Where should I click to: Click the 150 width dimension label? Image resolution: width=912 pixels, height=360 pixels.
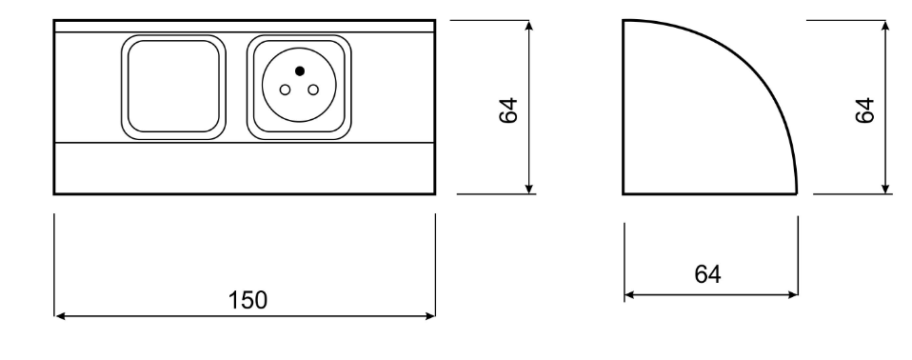pos(248,300)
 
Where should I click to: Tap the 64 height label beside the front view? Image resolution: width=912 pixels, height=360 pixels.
pos(508,110)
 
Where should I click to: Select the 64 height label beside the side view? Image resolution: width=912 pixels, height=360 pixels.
pos(865,110)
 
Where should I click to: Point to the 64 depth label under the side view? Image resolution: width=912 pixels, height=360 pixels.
pos(708,274)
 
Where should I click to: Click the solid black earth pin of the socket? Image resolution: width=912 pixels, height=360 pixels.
pos(300,71)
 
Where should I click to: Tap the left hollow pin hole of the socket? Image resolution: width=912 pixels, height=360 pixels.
pos(285,90)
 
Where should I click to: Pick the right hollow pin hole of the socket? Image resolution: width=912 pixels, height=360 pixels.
pos(313,90)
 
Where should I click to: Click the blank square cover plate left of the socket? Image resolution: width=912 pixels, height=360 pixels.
pos(173,87)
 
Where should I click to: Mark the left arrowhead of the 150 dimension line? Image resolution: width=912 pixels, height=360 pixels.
pos(59,316)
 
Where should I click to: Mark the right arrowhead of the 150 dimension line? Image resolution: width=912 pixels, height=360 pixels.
pos(430,316)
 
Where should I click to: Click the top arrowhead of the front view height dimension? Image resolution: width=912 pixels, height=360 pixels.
pos(528,26)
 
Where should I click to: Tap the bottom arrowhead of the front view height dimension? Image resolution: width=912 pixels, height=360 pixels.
pos(528,189)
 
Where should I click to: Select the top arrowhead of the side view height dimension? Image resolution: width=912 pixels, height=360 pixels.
pos(885,26)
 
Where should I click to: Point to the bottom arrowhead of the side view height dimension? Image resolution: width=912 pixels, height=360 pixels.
pos(885,189)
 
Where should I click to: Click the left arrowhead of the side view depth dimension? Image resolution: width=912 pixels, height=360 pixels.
pos(629,295)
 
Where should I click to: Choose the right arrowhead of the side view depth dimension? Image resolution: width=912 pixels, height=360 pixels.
pos(793,295)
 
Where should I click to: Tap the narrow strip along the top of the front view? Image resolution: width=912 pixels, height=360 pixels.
pos(245,26)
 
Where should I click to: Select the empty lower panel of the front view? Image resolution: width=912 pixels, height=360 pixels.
pos(245,168)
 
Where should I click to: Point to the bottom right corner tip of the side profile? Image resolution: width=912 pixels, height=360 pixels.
pos(796,193)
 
